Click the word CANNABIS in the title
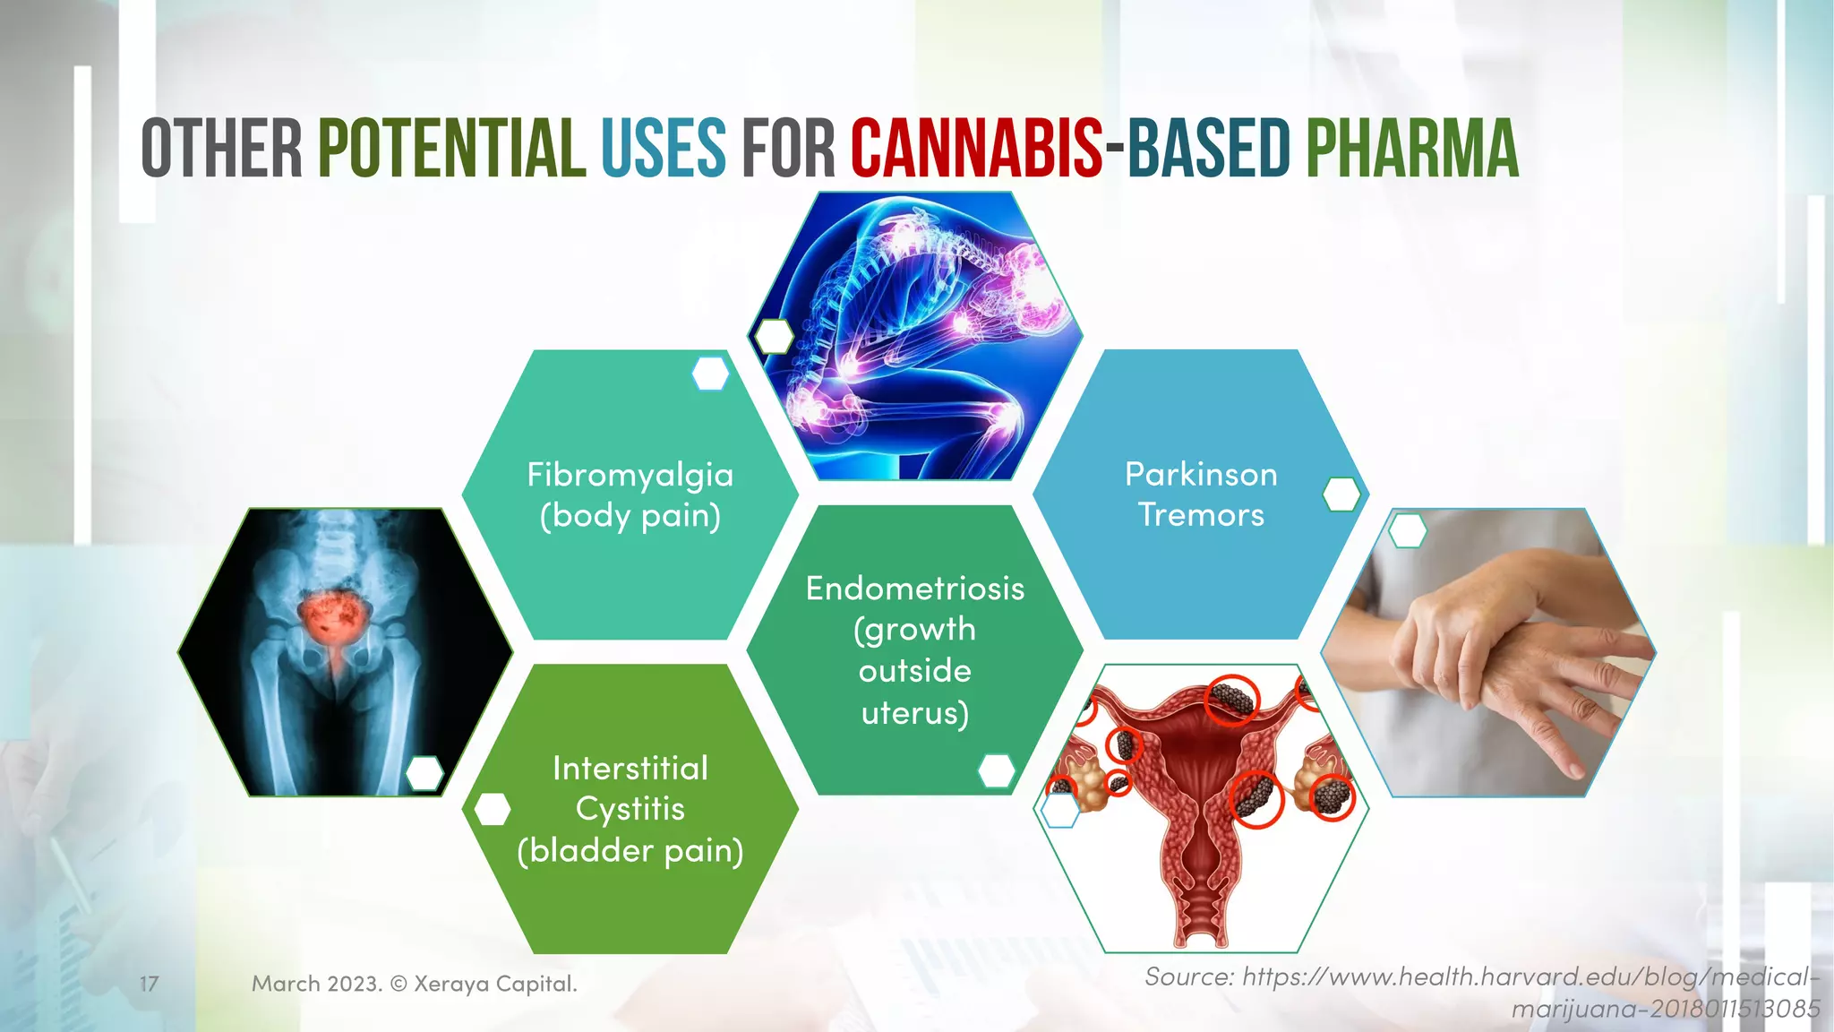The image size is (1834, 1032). click(x=976, y=148)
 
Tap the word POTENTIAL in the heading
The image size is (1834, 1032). click(x=452, y=148)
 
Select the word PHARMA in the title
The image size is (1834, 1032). click(x=1412, y=148)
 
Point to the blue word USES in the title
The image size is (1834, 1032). click(x=663, y=148)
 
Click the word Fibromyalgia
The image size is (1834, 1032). click(x=630, y=475)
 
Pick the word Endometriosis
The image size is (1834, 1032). click(x=914, y=589)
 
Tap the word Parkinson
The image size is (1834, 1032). click(x=1201, y=474)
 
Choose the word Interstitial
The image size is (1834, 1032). click(x=630, y=768)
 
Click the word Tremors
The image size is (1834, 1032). click(x=1201, y=515)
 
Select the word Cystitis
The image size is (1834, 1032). click(x=630, y=809)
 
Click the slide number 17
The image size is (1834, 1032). click(x=149, y=984)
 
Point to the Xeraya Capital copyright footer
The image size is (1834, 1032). click(x=414, y=984)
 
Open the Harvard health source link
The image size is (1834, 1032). click(x=1482, y=993)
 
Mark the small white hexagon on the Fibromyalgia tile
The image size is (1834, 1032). click(x=710, y=374)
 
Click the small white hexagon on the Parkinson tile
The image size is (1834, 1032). click(x=1341, y=494)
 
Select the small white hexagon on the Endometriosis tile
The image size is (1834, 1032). click(x=996, y=770)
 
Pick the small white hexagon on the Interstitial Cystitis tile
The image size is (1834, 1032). click(x=492, y=809)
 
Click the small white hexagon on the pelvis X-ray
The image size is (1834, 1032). click(x=424, y=773)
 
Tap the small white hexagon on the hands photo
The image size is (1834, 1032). click(x=1407, y=530)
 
